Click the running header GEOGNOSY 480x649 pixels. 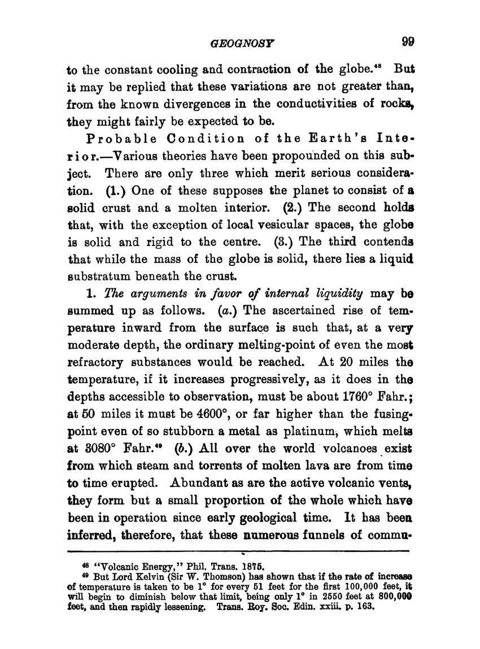(238, 42)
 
